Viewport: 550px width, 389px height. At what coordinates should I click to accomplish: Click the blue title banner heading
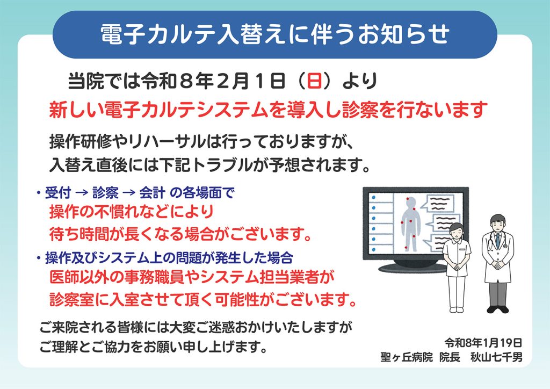click(x=274, y=34)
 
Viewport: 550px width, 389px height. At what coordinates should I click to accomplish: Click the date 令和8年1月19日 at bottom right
click(x=483, y=342)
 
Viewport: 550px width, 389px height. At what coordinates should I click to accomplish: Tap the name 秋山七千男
click(x=496, y=357)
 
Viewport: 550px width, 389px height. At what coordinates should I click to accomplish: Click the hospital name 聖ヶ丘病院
click(x=407, y=357)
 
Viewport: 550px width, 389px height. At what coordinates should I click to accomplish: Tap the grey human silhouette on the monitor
click(x=411, y=224)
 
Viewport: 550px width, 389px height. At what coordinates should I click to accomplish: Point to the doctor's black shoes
click(x=498, y=309)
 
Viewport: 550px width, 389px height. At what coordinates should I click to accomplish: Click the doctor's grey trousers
click(x=498, y=293)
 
